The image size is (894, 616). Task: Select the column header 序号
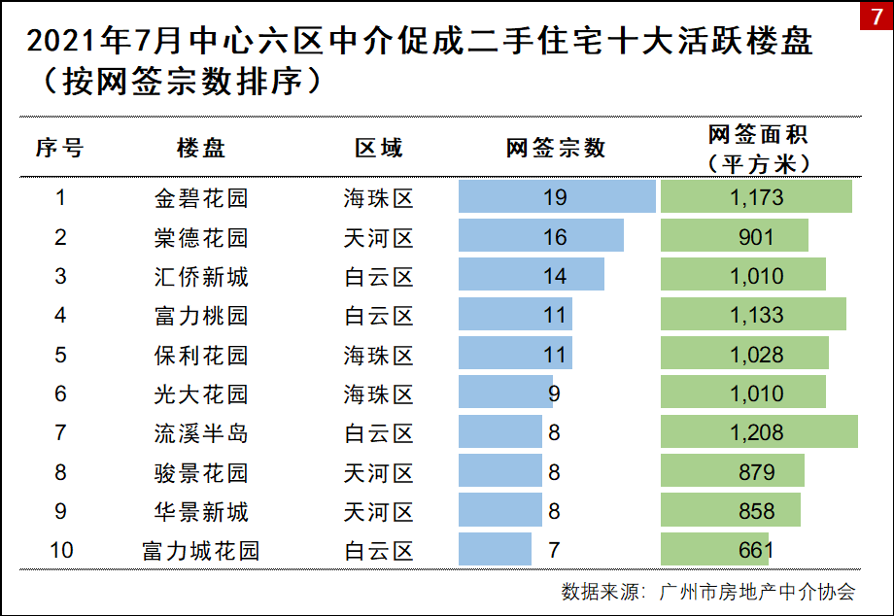coord(60,148)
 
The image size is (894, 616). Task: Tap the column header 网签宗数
coord(556,148)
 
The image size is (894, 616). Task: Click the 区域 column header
coord(378,148)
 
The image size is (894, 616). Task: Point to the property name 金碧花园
coord(201,198)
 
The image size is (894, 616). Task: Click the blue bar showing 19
coord(557,197)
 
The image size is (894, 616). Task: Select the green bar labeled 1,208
coord(759,432)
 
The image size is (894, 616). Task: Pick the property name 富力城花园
coord(201,551)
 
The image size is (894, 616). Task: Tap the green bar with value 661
coord(714,550)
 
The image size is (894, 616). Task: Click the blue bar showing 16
coord(540,237)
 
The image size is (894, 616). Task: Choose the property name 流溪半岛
coord(201,433)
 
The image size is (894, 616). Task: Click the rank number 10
coord(60,551)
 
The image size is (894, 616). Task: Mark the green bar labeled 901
coord(734,237)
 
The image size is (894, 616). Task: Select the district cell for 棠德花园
coord(378,238)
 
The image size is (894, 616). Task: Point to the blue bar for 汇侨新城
coord(531,276)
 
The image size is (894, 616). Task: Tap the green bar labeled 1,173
coord(756,197)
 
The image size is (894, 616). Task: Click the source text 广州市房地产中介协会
coord(757,591)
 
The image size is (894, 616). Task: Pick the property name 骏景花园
coord(201,473)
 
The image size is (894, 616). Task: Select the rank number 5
coord(60,355)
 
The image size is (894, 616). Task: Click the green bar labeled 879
coord(732,472)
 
